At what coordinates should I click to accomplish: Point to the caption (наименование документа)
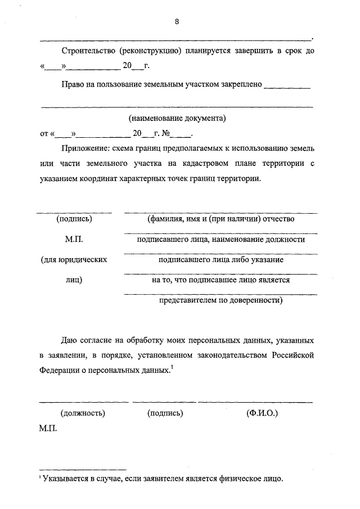point(176,119)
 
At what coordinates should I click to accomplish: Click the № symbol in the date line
point(165,134)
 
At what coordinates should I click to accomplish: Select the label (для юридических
point(74,260)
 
